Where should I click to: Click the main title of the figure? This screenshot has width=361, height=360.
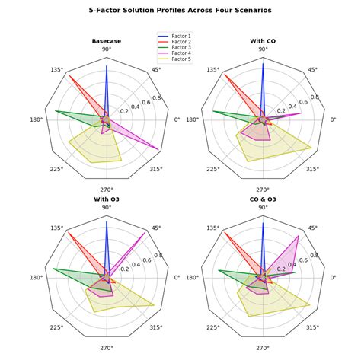pos(180,11)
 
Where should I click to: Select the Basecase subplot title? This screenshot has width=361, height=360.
pos(106,40)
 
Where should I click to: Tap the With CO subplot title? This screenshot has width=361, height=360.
pos(263,40)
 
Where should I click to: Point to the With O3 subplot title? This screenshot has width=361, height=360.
pos(106,199)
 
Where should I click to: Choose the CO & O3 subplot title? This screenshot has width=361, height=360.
pos(263,199)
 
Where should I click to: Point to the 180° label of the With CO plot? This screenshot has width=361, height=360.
pos(193,119)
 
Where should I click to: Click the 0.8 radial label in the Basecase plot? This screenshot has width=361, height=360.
pos(156,98)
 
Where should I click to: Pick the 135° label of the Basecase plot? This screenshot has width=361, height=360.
pos(56,70)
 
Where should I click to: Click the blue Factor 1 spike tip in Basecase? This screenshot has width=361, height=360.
pos(107,66)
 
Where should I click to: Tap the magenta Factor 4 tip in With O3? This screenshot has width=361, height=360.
pos(145,233)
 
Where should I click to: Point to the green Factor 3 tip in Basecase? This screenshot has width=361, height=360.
pos(56,111)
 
